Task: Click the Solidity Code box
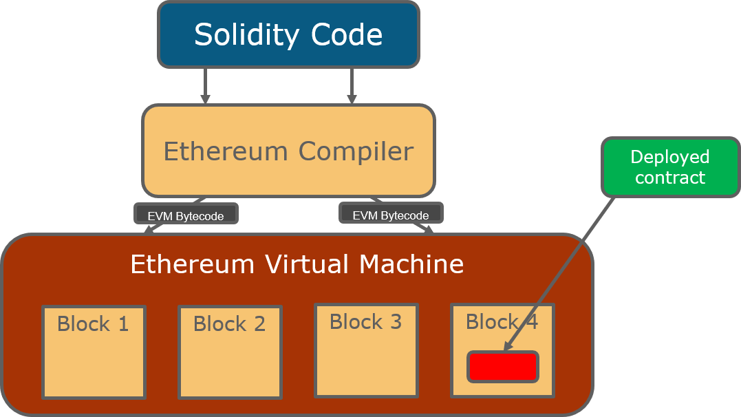288,34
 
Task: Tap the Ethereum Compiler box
288,151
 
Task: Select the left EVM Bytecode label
186,215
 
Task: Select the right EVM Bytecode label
391,215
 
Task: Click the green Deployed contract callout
670,167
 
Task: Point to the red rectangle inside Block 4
503,367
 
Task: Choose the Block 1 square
94,352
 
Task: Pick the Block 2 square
230,352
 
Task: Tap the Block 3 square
366,350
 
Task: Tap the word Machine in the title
415,264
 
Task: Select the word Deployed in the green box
670,157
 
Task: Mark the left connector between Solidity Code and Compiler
206,86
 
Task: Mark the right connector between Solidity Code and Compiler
352,86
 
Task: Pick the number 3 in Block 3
396,321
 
